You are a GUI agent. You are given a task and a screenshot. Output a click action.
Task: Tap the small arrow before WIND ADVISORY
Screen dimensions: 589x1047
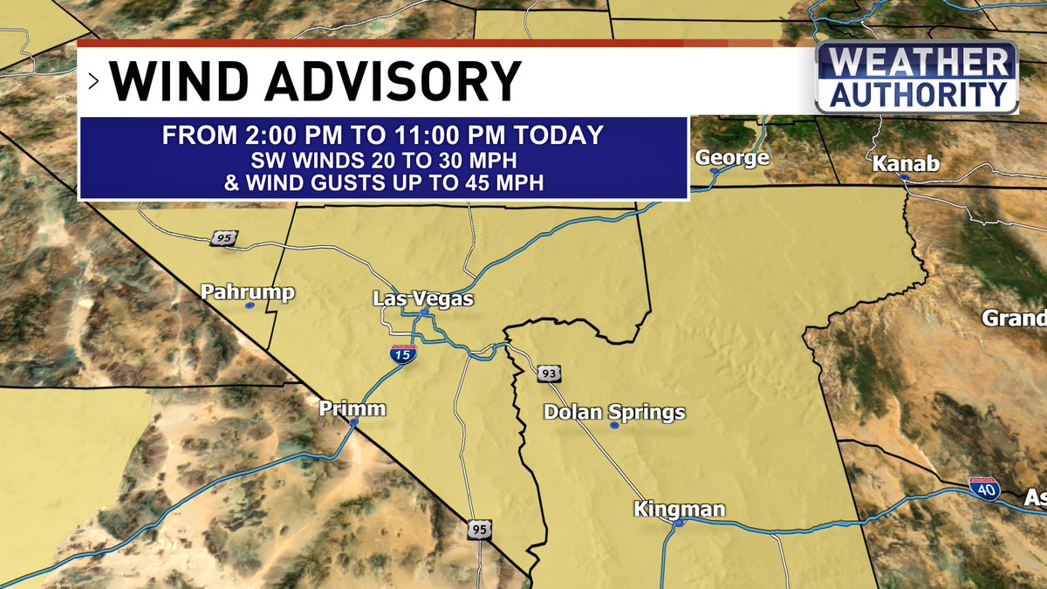pyautogui.click(x=93, y=82)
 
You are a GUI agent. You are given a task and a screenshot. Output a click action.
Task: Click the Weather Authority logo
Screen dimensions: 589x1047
pyautogui.click(x=917, y=79)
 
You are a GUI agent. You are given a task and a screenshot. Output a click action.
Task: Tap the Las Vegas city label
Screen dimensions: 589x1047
pyautogui.click(x=422, y=298)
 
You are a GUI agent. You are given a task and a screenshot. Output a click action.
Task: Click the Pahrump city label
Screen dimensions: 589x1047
pyautogui.click(x=248, y=292)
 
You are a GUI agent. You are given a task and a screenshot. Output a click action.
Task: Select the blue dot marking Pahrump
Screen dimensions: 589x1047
pyautogui.click(x=250, y=306)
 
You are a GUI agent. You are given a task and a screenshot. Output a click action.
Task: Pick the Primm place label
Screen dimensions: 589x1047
pyautogui.click(x=352, y=408)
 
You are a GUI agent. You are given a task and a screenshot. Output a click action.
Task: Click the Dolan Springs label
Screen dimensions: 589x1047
pyautogui.click(x=614, y=413)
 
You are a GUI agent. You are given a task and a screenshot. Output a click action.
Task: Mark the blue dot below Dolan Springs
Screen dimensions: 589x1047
pyautogui.click(x=614, y=426)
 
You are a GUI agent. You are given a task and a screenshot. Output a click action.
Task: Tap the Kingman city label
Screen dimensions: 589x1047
pyautogui.click(x=680, y=510)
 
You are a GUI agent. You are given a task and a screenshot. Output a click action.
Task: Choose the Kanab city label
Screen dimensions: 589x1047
pyautogui.click(x=906, y=164)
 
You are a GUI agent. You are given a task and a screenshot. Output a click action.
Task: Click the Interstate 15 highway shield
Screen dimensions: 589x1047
pyautogui.click(x=403, y=353)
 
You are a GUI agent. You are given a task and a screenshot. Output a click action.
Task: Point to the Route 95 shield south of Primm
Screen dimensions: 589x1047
pyautogui.click(x=478, y=530)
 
